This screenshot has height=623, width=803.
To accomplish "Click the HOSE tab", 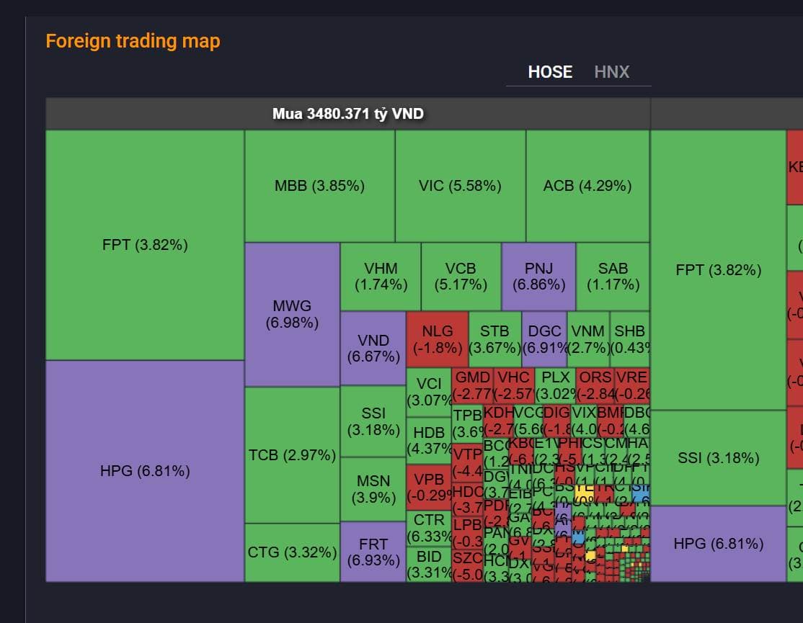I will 550,72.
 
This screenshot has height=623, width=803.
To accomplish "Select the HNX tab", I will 612,72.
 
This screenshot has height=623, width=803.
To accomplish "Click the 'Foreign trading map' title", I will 133,41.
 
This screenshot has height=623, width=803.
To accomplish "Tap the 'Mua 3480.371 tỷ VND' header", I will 348,114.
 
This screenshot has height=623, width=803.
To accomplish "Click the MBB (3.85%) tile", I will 319,186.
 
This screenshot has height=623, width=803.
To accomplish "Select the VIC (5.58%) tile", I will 460,186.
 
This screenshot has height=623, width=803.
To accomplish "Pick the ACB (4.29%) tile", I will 587,186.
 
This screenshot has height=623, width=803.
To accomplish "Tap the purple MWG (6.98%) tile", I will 292,314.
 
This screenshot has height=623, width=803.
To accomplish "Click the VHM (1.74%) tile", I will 381,277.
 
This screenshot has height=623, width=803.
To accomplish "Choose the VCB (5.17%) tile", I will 461,277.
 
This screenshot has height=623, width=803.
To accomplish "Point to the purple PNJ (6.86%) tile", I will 538,277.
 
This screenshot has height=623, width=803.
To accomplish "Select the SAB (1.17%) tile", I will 613,277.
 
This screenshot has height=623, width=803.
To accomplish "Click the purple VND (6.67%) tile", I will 373,348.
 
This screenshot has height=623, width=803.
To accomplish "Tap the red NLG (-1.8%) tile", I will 438,339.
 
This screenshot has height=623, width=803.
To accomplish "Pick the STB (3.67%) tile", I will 494,339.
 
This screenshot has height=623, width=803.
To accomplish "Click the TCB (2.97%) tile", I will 292,455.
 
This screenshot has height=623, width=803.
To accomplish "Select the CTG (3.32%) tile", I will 292,552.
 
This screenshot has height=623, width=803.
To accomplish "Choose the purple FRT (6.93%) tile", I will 373,552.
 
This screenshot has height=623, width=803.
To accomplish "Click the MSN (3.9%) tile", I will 373,488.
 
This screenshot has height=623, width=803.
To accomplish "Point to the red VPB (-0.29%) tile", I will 429,488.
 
